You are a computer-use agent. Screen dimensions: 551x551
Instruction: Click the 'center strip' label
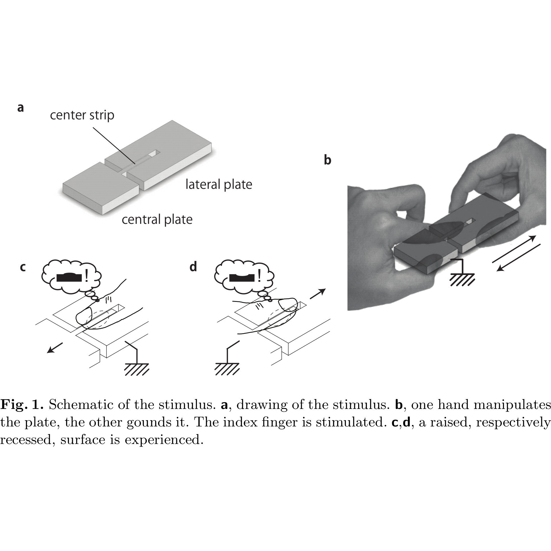pos(82,115)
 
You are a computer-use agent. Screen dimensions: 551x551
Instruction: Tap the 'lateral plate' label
pos(219,185)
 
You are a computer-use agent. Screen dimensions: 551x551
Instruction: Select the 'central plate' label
pos(157,220)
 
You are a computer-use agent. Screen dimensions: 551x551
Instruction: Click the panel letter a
pos(20,108)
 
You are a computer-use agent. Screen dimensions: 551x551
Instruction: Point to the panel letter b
pos(327,160)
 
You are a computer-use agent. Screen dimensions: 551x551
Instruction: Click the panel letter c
pos(23,267)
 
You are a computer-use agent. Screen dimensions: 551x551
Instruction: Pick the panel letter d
pos(193,267)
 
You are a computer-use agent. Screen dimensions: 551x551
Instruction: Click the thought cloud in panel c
pos(72,277)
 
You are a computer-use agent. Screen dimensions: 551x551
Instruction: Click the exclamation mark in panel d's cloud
pos(260,276)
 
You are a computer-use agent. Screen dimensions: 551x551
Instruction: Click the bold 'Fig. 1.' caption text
pos(22,405)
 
